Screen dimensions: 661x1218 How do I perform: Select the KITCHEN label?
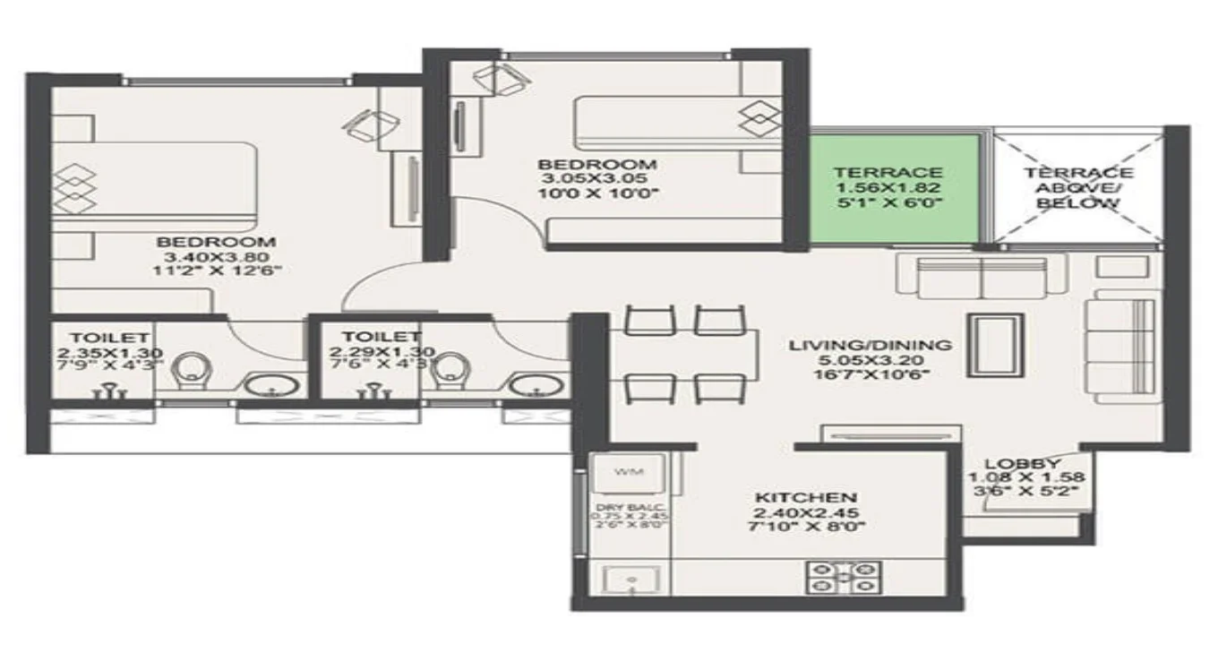(x=806, y=497)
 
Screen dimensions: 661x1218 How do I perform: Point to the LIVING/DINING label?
(x=870, y=345)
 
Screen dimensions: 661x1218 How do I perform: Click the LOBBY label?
(x=1023, y=463)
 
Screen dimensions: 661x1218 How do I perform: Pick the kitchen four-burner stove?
(x=844, y=578)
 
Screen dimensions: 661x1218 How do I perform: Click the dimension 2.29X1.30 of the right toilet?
(x=370, y=352)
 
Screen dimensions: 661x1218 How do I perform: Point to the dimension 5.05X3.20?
(x=870, y=360)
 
